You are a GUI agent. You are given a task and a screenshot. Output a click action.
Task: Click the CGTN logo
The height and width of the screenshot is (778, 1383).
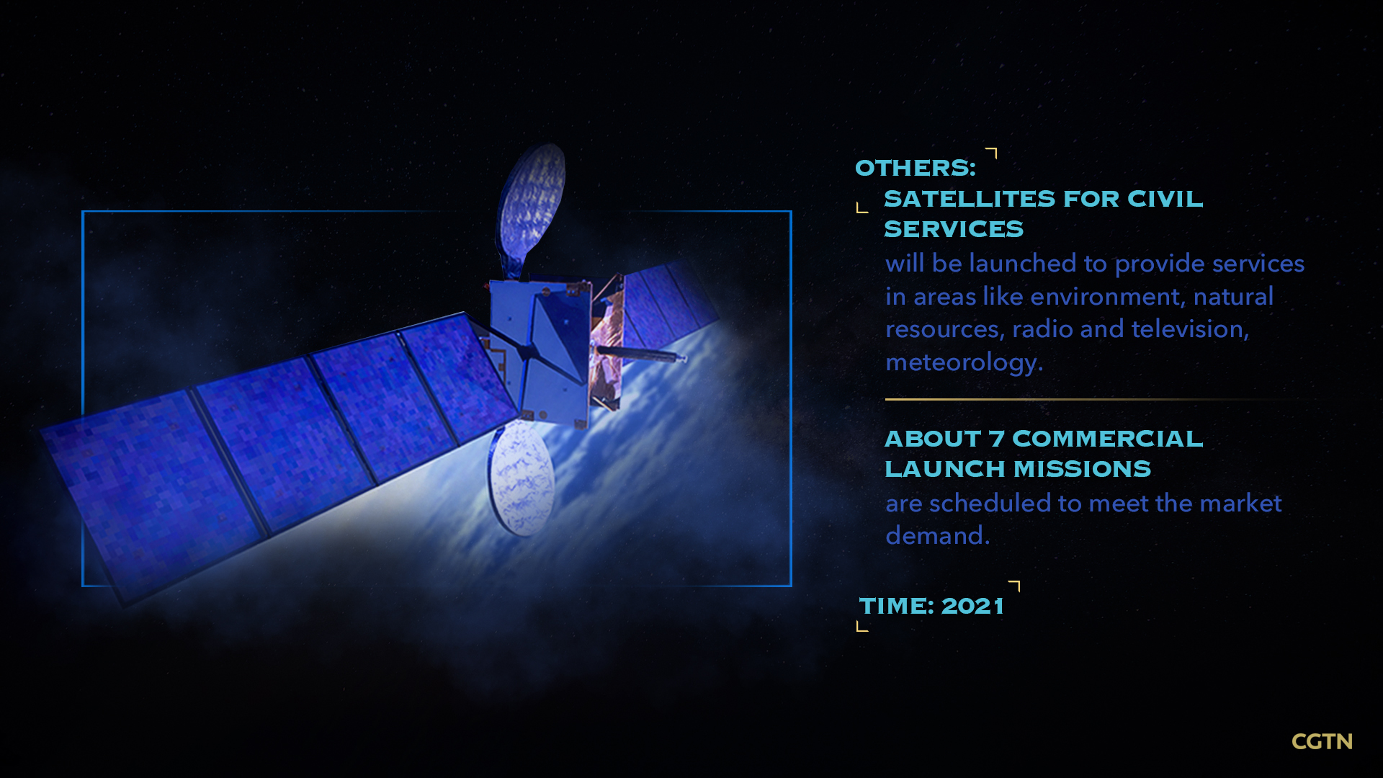[x=1322, y=741]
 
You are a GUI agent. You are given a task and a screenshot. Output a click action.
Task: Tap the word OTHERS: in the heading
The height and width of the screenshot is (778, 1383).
[x=916, y=168]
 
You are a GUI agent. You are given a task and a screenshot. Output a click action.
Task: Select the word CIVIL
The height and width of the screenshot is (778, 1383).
[x=1165, y=199]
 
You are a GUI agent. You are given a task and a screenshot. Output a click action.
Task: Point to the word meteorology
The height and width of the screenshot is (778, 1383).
[x=964, y=362]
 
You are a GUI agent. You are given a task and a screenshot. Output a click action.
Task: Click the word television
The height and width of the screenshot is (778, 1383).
[x=1190, y=329]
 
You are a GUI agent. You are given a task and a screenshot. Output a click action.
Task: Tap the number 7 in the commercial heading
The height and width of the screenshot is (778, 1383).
[x=996, y=439]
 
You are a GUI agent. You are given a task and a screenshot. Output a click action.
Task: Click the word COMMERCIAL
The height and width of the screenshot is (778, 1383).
[x=1107, y=439]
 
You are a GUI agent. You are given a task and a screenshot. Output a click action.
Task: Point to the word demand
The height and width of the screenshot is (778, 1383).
[x=937, y=536]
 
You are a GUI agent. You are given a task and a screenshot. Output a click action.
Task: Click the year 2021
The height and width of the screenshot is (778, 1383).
[x=972, y=606]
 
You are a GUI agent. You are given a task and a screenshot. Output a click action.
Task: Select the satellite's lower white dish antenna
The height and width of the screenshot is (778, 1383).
[x=522, y=478]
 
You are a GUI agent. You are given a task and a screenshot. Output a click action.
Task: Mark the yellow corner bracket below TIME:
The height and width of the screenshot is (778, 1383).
[x=862, y=626]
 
